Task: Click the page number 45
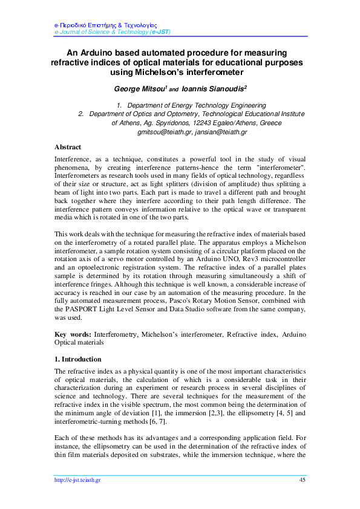[x=302, y=479]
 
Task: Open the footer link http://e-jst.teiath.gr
[x=77, y=479]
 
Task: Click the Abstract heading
[x=68, y=147]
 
